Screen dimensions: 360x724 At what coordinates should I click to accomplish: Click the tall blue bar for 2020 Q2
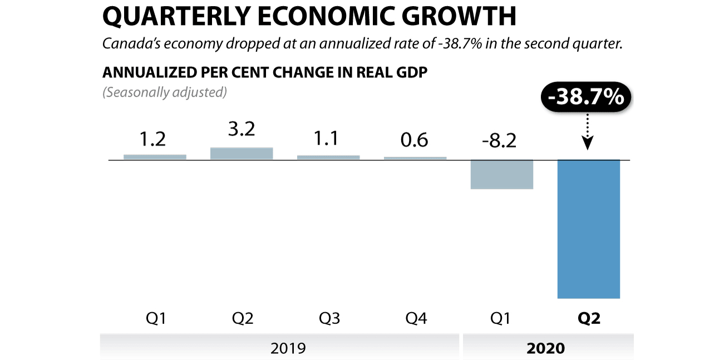589,229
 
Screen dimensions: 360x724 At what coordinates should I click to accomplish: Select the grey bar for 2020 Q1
502,174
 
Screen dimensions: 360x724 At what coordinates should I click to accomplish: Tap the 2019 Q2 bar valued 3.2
242,154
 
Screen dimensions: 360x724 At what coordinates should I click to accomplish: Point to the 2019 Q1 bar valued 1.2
155,157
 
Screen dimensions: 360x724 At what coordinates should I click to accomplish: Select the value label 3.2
242,129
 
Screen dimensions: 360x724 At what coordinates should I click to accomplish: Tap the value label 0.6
414,140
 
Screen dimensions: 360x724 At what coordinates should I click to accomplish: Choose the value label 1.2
152,139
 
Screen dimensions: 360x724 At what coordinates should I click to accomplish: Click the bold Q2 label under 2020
589,319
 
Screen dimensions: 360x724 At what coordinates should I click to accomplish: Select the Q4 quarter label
416,319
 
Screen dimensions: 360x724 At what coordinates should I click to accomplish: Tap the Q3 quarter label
329,319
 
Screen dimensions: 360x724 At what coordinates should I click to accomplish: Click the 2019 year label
288,348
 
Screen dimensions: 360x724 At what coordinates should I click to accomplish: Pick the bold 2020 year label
545,348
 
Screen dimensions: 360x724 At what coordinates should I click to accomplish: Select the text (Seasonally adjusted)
164,92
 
